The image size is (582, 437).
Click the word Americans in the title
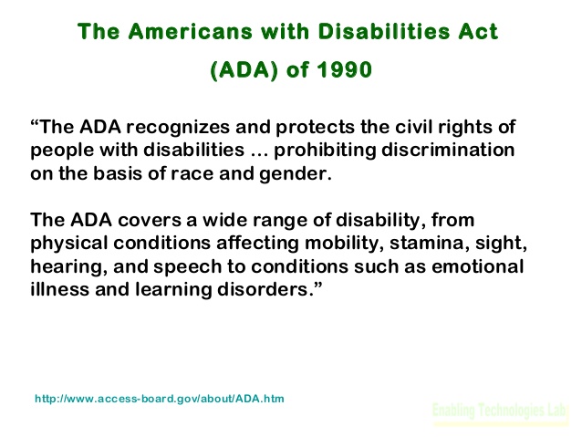191,31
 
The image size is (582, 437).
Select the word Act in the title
478,31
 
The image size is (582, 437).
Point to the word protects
315,128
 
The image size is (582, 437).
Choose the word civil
413,127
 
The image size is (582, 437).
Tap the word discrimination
448,150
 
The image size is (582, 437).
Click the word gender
295,174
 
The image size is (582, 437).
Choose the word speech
187,267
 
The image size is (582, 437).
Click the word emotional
477,266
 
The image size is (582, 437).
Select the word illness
60,289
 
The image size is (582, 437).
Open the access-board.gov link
160,399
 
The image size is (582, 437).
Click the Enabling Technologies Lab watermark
499,411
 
